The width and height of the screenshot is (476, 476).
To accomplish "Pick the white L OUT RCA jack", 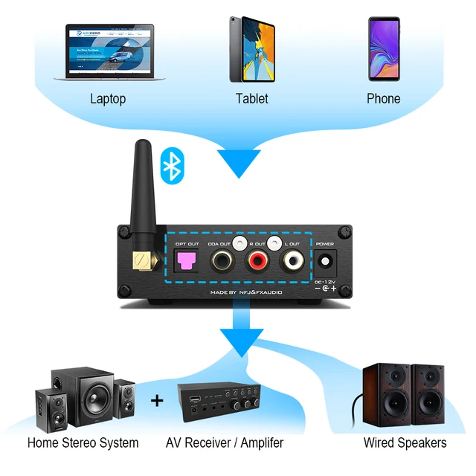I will coord(291,261).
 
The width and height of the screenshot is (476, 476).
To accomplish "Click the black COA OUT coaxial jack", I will coord(222,261).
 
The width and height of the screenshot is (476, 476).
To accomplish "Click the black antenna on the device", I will coord(141,193).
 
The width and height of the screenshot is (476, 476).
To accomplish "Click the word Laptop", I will coord(108,99).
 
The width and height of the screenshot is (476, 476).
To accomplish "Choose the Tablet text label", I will coord(251,98).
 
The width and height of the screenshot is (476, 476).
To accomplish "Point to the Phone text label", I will coord(384,98).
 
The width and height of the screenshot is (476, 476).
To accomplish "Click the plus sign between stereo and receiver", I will coord(157,401).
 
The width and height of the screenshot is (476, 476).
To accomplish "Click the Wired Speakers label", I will coord(405,443).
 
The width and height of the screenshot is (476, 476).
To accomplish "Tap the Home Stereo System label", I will coord(83,443).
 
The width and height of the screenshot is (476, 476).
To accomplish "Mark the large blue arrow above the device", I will coord(239,160).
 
